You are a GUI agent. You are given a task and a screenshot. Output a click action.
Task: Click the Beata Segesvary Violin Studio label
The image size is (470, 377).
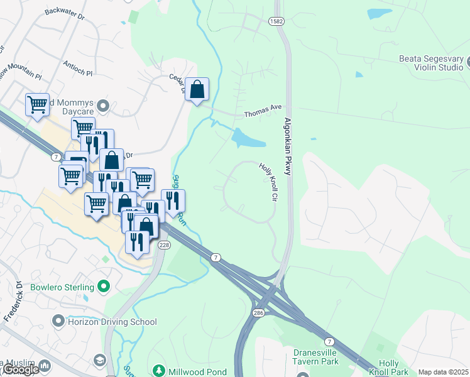point(431,63)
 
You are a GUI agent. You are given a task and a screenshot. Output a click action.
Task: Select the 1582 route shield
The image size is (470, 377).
point(276,21)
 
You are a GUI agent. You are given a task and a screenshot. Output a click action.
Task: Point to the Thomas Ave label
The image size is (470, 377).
point(263,111)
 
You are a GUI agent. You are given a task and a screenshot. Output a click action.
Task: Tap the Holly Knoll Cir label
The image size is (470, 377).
point(268,182)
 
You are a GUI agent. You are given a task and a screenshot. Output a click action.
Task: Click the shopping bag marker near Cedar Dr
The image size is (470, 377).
point(197,90)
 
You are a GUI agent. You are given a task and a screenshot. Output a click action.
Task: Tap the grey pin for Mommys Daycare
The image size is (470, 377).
point(104,104)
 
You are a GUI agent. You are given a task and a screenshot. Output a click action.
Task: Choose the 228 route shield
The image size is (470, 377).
point(164,244)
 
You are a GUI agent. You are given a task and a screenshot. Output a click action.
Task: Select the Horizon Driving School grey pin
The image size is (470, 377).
point(58,322)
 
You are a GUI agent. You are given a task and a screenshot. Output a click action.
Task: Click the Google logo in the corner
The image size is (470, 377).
point(21,369)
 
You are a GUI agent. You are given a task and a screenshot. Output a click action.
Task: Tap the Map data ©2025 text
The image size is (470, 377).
point(443,372)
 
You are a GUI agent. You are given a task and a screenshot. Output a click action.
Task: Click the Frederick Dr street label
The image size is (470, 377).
point(13,302)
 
